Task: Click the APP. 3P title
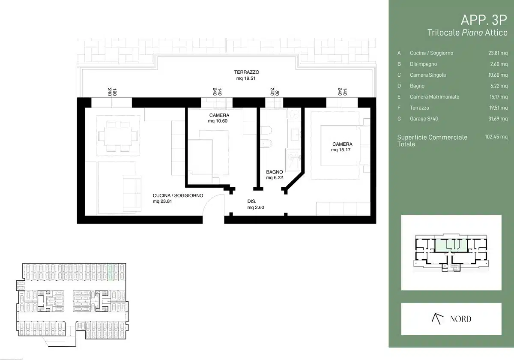[x=484, y=20]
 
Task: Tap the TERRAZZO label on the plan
[x=246, y=72]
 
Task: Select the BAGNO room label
[x=275, y=172]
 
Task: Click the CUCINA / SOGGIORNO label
[x=178, y=195]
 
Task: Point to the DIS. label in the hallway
[x=251, y=201]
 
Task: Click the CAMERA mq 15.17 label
[x=342, y=147]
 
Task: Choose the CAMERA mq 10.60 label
[x=219, y=118]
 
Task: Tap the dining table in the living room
[x=118, y=136]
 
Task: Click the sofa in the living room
[x=132, y=193]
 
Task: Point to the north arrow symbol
[x=437, y=319]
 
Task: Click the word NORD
[x=460, y=319]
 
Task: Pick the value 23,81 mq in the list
[x=498, y=53]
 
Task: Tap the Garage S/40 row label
[x=424, y=119]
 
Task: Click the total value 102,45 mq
[x=496, y=137]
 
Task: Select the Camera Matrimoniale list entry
[x=434, y=97]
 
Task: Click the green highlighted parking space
[x=111, y=272]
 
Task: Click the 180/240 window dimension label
[x=112, y=92]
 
